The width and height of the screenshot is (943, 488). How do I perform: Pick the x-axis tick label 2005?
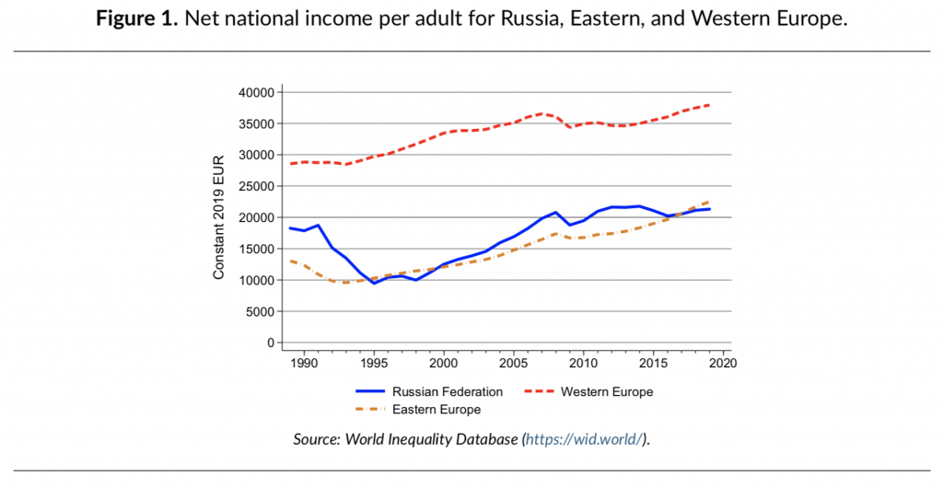pos(513,364)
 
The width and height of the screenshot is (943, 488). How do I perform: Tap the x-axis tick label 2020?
pos(722,364)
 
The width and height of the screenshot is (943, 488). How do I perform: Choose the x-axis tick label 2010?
pos(583,364)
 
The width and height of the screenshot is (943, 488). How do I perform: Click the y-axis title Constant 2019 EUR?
pos(219,217)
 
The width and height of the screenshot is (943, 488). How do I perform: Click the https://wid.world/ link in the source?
pos(584,439)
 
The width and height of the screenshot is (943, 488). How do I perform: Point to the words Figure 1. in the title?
pos(138,18)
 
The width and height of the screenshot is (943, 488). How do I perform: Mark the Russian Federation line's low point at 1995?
pos(374,283)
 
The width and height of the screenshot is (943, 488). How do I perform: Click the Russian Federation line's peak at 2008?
pos(555,213)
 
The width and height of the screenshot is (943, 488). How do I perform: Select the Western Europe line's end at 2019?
pos(708,105)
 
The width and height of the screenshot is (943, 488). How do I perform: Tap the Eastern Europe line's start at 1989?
pos(291,261)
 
